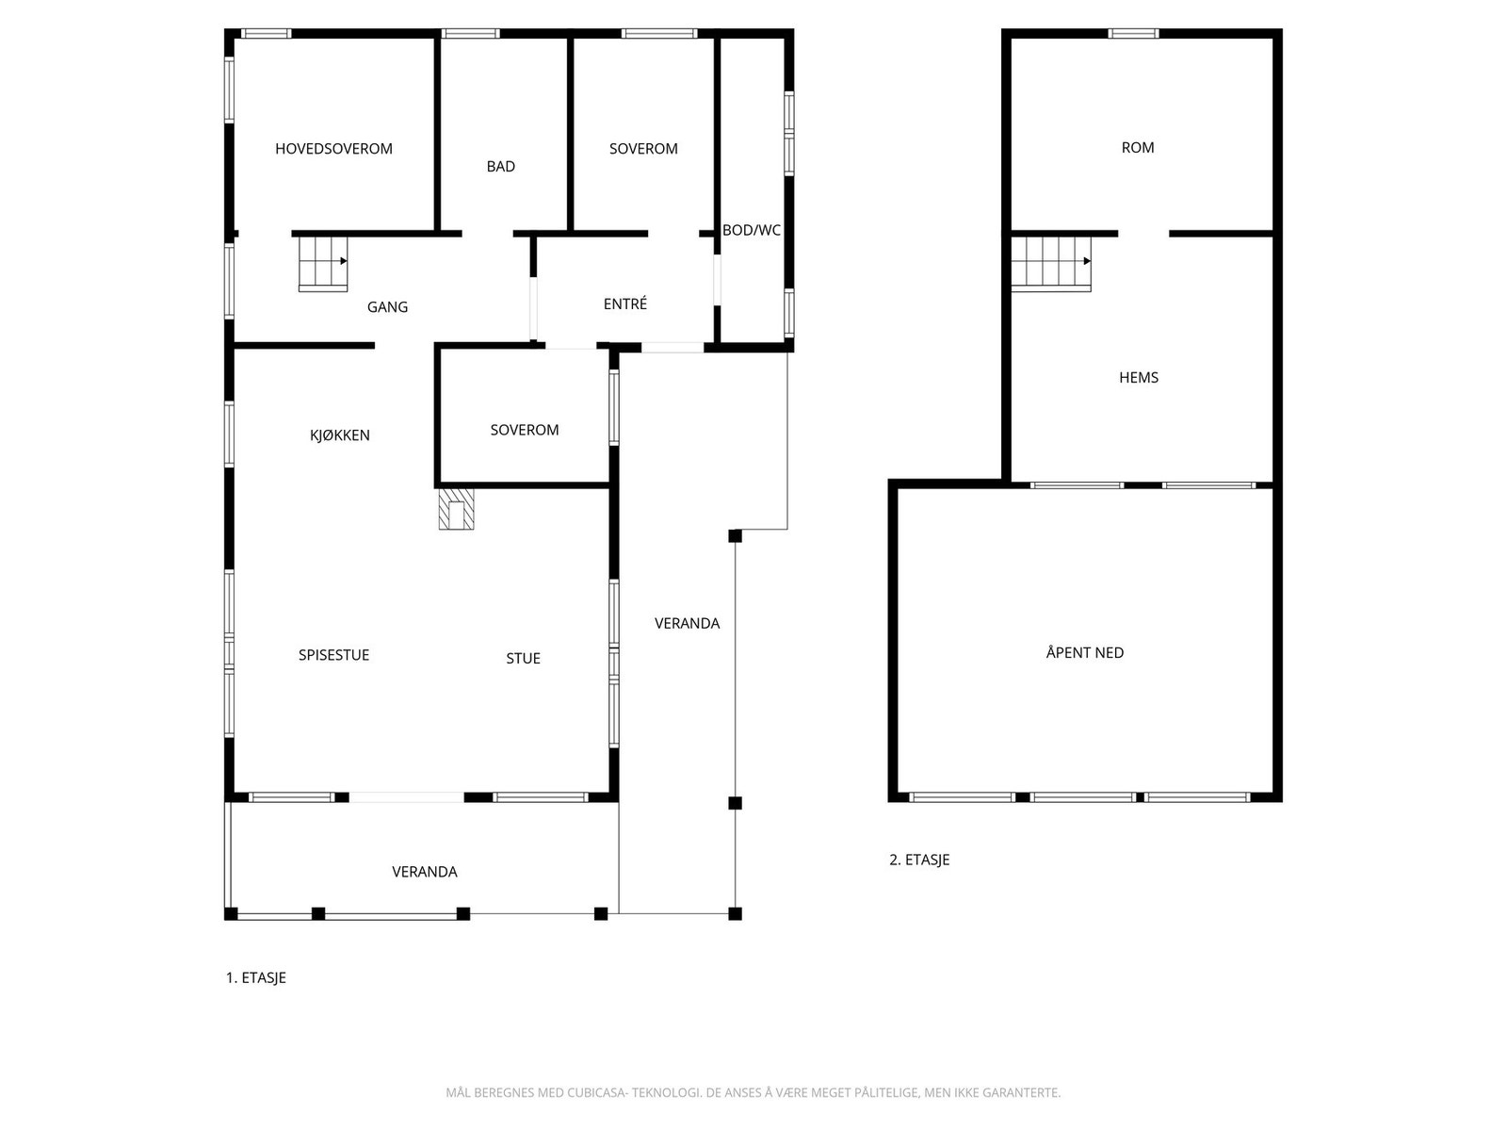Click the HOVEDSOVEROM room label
(x=333, y=149)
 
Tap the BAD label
(x=500, y=167)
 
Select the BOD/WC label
(x=751, y=230)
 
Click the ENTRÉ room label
(x=624, y=304)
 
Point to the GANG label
(x=387, y=307)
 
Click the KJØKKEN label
(x=339, y=435)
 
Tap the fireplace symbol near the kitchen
(x=457, y=509)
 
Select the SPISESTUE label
(x=333, y=655)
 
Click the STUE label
(x=523, y=659)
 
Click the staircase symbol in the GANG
(x=322, y=263)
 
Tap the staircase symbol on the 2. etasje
(x=1051, y=263)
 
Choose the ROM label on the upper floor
(x=1137, y=148)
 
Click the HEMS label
(x=1138, y=378)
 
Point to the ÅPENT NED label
(x=1084, y=653)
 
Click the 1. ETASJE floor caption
(x=255, y=978)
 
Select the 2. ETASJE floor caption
(x=919, y=861)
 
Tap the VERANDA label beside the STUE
(x=687, y=624)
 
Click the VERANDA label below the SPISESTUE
(x=424, y=873)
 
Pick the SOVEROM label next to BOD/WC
(x=642, y=149)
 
